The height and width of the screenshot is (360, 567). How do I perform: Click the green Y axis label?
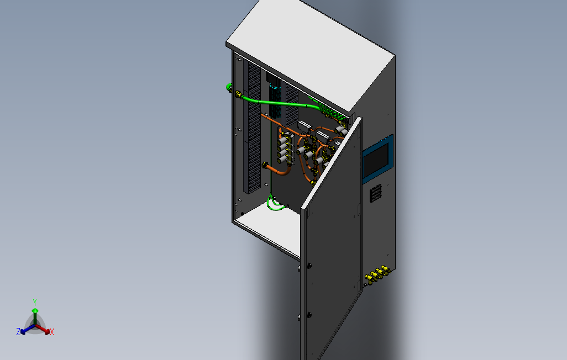[34, 302]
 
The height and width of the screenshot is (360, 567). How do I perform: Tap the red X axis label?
[52, 332]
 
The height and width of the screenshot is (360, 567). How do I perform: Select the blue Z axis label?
[18, 331]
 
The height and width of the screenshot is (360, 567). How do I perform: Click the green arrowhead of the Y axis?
[34, 311]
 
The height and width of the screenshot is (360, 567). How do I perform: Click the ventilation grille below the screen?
[376, 193]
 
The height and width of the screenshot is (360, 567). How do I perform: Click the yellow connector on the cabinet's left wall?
[238, 94]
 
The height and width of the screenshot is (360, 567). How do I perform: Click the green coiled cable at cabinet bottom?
[275, 205]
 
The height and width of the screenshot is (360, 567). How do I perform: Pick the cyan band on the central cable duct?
[275, 87]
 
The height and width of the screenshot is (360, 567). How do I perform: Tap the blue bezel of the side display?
[391, 155]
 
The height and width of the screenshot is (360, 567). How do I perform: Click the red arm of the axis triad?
[44, 330]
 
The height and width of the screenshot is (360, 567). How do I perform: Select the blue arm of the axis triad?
[27, 329]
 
